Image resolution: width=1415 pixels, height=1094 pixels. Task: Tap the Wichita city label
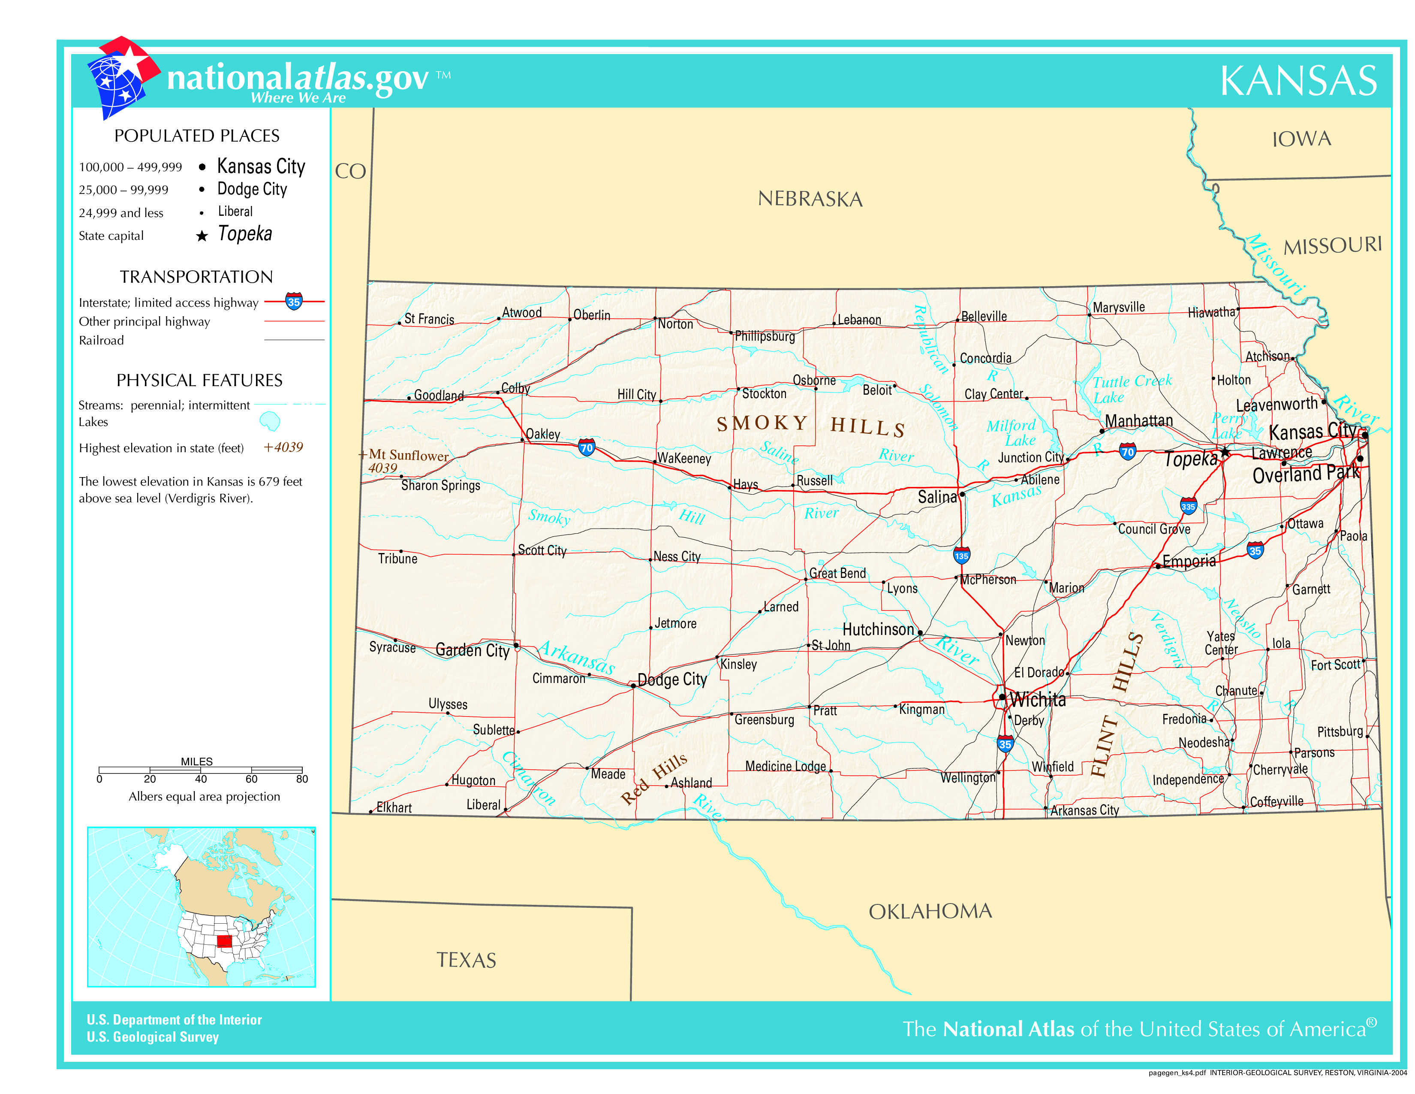coord(1038,700)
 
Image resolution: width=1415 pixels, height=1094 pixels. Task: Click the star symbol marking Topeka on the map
coord(1225,452)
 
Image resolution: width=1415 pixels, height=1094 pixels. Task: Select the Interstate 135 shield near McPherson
coord(961,556)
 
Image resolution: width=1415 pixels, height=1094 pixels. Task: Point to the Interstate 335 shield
coord(1188,506)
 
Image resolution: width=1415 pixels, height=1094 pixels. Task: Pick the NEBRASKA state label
coord(810,199)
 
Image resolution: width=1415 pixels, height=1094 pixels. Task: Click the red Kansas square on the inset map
coord(224,941)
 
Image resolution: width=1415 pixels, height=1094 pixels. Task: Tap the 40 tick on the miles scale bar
coord(201,779)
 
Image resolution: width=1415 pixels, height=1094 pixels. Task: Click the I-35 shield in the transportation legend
coord(294,301)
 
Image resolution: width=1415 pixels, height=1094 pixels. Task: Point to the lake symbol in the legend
coord(270,421)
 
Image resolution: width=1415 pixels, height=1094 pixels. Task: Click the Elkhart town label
coord(394,807)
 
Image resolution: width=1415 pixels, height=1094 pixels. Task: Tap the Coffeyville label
coord(1276,802)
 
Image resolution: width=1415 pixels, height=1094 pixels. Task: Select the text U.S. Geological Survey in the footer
coord(153,1037)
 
